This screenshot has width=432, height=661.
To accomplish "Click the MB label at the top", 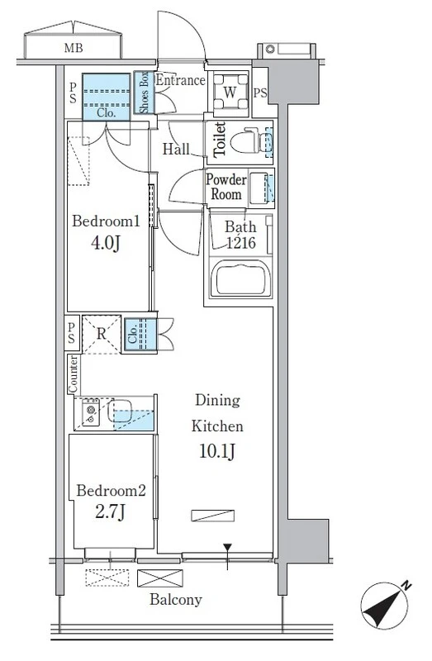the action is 74,48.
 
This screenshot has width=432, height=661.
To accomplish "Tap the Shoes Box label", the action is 145,93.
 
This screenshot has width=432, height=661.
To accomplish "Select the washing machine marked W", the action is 230,92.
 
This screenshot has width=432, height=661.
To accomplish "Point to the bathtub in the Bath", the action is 241,278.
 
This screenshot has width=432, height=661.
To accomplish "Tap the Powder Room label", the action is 225,187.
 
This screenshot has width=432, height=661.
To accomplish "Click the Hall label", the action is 176,149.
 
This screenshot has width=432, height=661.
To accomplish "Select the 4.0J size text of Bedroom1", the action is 106,243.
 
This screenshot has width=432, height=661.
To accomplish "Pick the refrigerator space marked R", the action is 102,334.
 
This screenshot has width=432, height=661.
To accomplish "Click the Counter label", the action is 73,374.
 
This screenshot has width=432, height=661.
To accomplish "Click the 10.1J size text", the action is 216,451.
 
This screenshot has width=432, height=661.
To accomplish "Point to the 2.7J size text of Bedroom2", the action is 110,512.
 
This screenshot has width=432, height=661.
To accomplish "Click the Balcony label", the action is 176,600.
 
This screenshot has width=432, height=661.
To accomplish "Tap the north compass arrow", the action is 384,606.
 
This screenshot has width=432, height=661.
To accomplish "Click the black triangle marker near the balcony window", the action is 228,548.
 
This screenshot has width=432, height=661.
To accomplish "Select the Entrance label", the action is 180,80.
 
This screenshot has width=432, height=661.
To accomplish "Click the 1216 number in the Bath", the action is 241,243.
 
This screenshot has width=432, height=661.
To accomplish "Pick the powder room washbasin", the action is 258,188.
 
